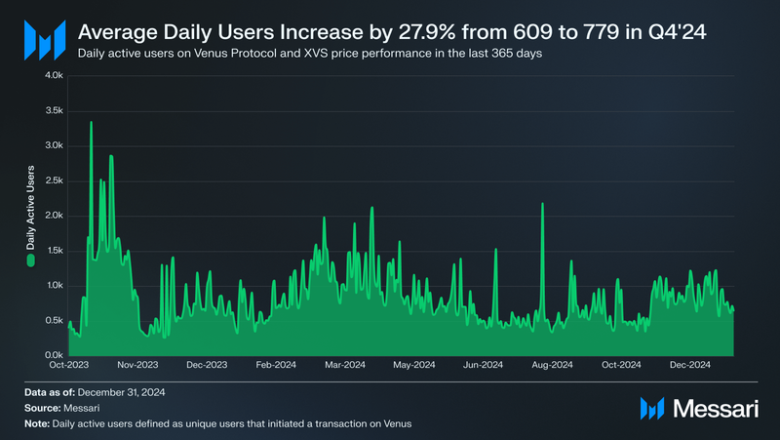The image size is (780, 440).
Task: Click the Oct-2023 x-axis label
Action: click(x=68, y=365)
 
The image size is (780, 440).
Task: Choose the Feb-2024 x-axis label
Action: click(x=276, y=365)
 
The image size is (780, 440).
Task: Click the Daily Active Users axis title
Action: click(x=30, y=210)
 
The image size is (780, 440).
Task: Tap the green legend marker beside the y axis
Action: click(x=30, y=260)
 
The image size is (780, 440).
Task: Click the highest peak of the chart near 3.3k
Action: click(x=91, y=123)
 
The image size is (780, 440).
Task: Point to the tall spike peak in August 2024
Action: click(x=542, y=204)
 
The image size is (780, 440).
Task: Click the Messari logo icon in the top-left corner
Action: click(x=44, y=38)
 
